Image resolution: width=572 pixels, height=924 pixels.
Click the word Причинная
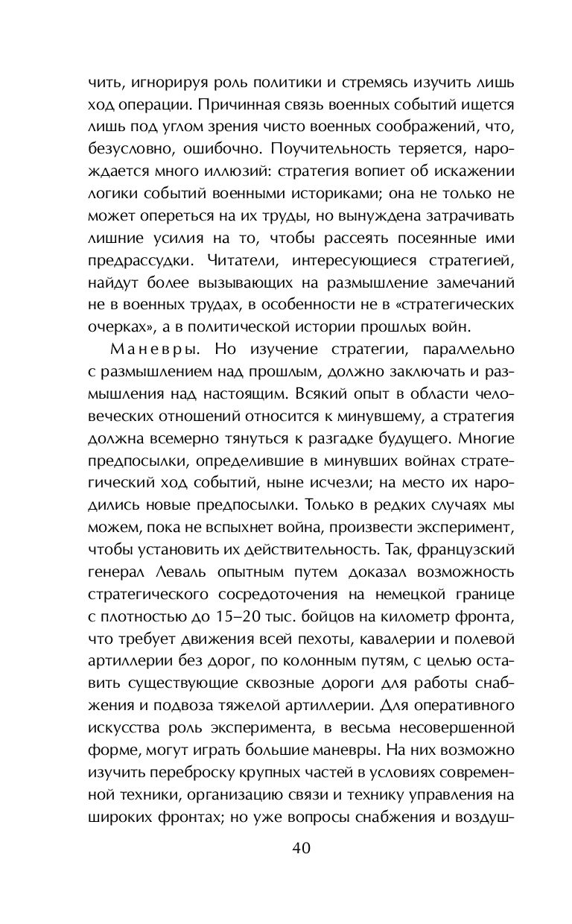pos(278,102)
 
